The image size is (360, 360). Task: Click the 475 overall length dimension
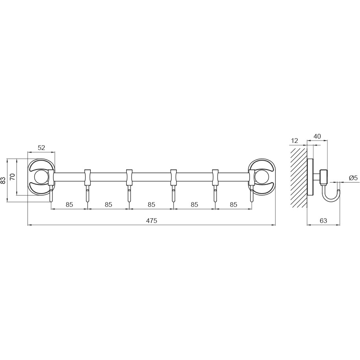(151, 221)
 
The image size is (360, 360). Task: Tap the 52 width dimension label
(41, 148)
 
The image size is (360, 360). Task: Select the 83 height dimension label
(3, 180)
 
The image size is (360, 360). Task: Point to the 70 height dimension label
(13, 177)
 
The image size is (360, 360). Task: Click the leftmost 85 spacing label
(69, 204)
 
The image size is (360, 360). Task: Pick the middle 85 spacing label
(151, 204)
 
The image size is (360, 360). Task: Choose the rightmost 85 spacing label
(233, 204)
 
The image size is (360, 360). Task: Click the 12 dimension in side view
(294, 141)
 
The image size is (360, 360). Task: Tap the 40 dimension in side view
(317, 136)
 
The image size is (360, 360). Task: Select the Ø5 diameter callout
(353, 178)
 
